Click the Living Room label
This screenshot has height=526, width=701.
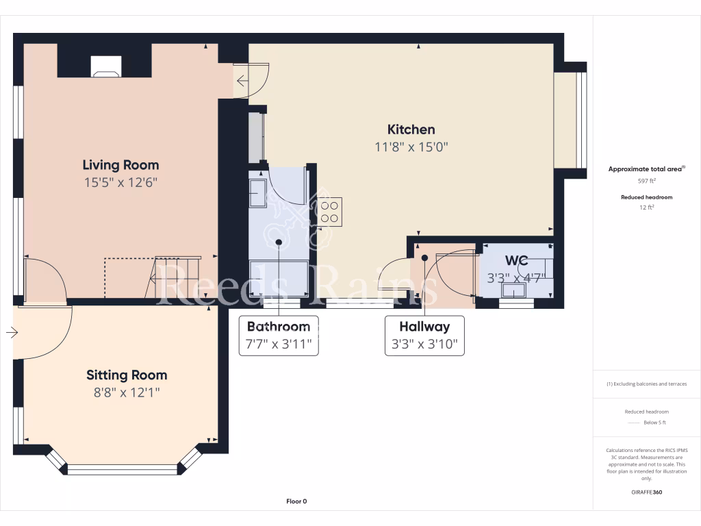120,165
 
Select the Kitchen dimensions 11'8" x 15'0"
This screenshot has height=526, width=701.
411,147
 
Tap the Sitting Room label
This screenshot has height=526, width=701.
127,375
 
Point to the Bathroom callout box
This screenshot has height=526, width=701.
279,335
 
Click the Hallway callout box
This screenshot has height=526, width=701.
424,336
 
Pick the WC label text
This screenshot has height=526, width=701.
516,261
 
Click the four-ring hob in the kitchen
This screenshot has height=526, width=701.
329,211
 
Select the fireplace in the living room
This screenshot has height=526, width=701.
105,64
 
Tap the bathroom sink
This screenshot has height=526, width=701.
259,192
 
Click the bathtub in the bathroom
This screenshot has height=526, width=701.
278,277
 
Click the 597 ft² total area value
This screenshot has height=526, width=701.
647,181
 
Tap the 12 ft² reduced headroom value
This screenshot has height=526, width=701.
647,207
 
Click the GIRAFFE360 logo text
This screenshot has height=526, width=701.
647,492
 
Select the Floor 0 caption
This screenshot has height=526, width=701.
296,501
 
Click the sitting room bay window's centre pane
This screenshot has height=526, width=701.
123,469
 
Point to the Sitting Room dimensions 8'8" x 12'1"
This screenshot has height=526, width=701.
127,392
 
